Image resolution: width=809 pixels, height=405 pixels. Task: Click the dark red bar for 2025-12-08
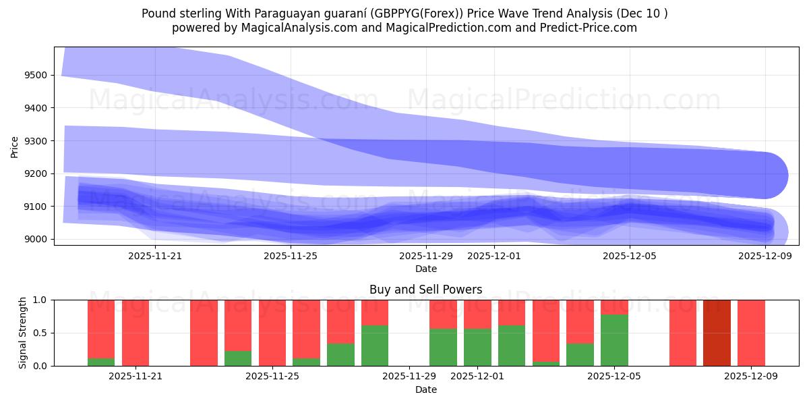[717, 333]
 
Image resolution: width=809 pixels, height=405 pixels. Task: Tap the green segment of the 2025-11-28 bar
[375, 346]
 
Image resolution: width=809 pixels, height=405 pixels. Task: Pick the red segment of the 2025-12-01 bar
[477, 314]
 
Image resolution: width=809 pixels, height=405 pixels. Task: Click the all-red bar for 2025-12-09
[751, 333]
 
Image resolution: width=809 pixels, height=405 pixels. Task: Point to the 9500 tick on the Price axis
[35, 75]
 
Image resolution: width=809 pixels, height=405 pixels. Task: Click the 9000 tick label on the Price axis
[35, 239]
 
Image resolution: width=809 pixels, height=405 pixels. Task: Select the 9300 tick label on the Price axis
[35, 140]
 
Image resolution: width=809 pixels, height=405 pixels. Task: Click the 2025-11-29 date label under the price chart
[426, 256]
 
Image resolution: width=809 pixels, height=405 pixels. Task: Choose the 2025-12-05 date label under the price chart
[630, 256]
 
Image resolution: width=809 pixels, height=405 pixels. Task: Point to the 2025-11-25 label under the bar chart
[272, 377]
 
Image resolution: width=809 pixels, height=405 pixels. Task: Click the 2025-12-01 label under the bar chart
[477, 377]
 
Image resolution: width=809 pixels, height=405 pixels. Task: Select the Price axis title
[15, 146]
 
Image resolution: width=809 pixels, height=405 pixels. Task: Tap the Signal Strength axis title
[24, 333]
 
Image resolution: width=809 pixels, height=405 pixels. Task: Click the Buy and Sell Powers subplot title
[425, 290]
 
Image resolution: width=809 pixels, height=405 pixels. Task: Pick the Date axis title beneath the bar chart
[425, 389]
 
